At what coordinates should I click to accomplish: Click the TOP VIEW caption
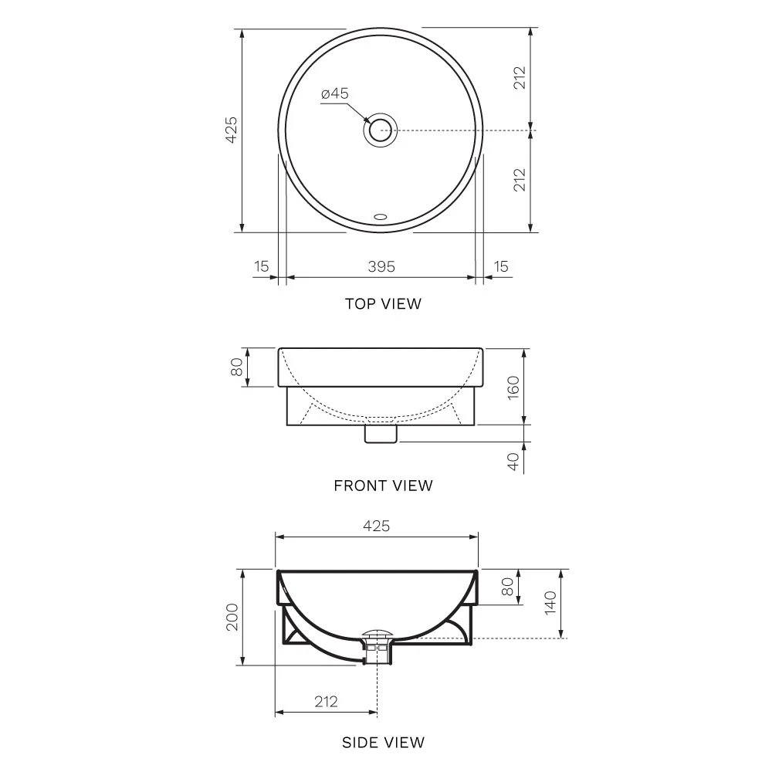[x=383, y=303]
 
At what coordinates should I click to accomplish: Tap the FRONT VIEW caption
[x=383, y=486]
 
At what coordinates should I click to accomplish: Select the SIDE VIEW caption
[x=383, y=743]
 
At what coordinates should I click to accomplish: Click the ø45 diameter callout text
[x=335, y=93]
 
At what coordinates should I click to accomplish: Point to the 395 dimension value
[x=381, y=266]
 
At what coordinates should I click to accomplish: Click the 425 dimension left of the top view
[x=232, y=130]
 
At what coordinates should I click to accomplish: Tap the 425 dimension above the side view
[x=377, y=526]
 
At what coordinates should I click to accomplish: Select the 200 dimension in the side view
[x=232, y=618]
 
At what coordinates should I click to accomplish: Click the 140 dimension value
[x=550, y=603]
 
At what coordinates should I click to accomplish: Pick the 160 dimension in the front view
[x=513, y=388]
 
